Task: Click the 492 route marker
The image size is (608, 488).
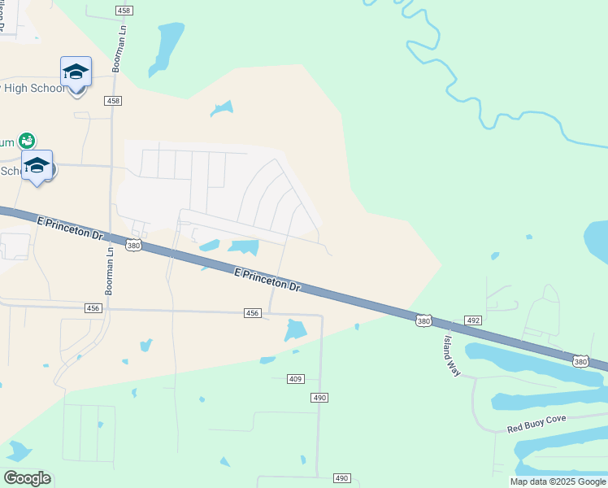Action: [473, 320]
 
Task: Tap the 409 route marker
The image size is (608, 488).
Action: [296, 379]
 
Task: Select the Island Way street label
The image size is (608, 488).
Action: [452, 355]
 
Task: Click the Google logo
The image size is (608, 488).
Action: [27, 478]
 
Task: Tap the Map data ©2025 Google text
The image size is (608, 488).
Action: [558, 481]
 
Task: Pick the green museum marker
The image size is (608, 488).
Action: [27, 141]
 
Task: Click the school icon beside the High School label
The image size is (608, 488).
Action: [76, 72]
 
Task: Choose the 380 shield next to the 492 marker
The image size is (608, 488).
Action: [423, 320]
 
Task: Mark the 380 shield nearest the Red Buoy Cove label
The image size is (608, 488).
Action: [580, 360]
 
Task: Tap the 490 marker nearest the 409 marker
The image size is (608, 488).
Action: [319, 397]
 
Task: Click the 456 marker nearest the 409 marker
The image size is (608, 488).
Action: [252, 313]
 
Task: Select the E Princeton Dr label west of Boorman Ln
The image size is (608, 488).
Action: [71, 228]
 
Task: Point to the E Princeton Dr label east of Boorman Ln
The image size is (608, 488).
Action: [267, 281]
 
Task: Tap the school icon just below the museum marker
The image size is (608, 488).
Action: [37, 165]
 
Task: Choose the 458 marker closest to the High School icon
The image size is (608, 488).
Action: [113, 101]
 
